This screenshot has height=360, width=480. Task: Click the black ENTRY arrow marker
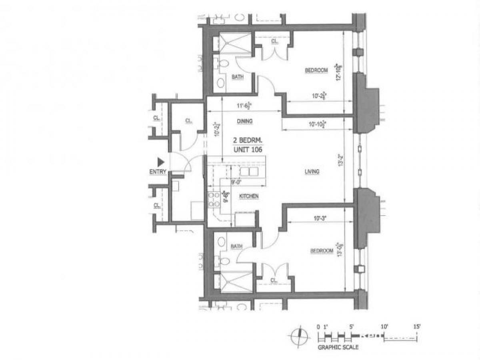pos(161,162)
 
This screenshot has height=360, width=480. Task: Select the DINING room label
pos(244,121)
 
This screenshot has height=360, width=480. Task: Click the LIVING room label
pos(312,172)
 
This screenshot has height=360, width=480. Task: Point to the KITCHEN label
pos(249,196)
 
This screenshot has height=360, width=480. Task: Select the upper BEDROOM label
pos(316,70)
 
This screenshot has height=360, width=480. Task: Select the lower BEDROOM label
pos(322,251)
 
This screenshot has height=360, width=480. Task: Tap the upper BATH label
pos(238,77)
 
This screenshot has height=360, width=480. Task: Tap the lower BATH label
pos(237,247)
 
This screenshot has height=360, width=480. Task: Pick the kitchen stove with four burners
pos(213,199)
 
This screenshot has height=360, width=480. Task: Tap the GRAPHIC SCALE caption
pos(338,347)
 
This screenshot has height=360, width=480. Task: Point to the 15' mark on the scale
pos(417,327)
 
